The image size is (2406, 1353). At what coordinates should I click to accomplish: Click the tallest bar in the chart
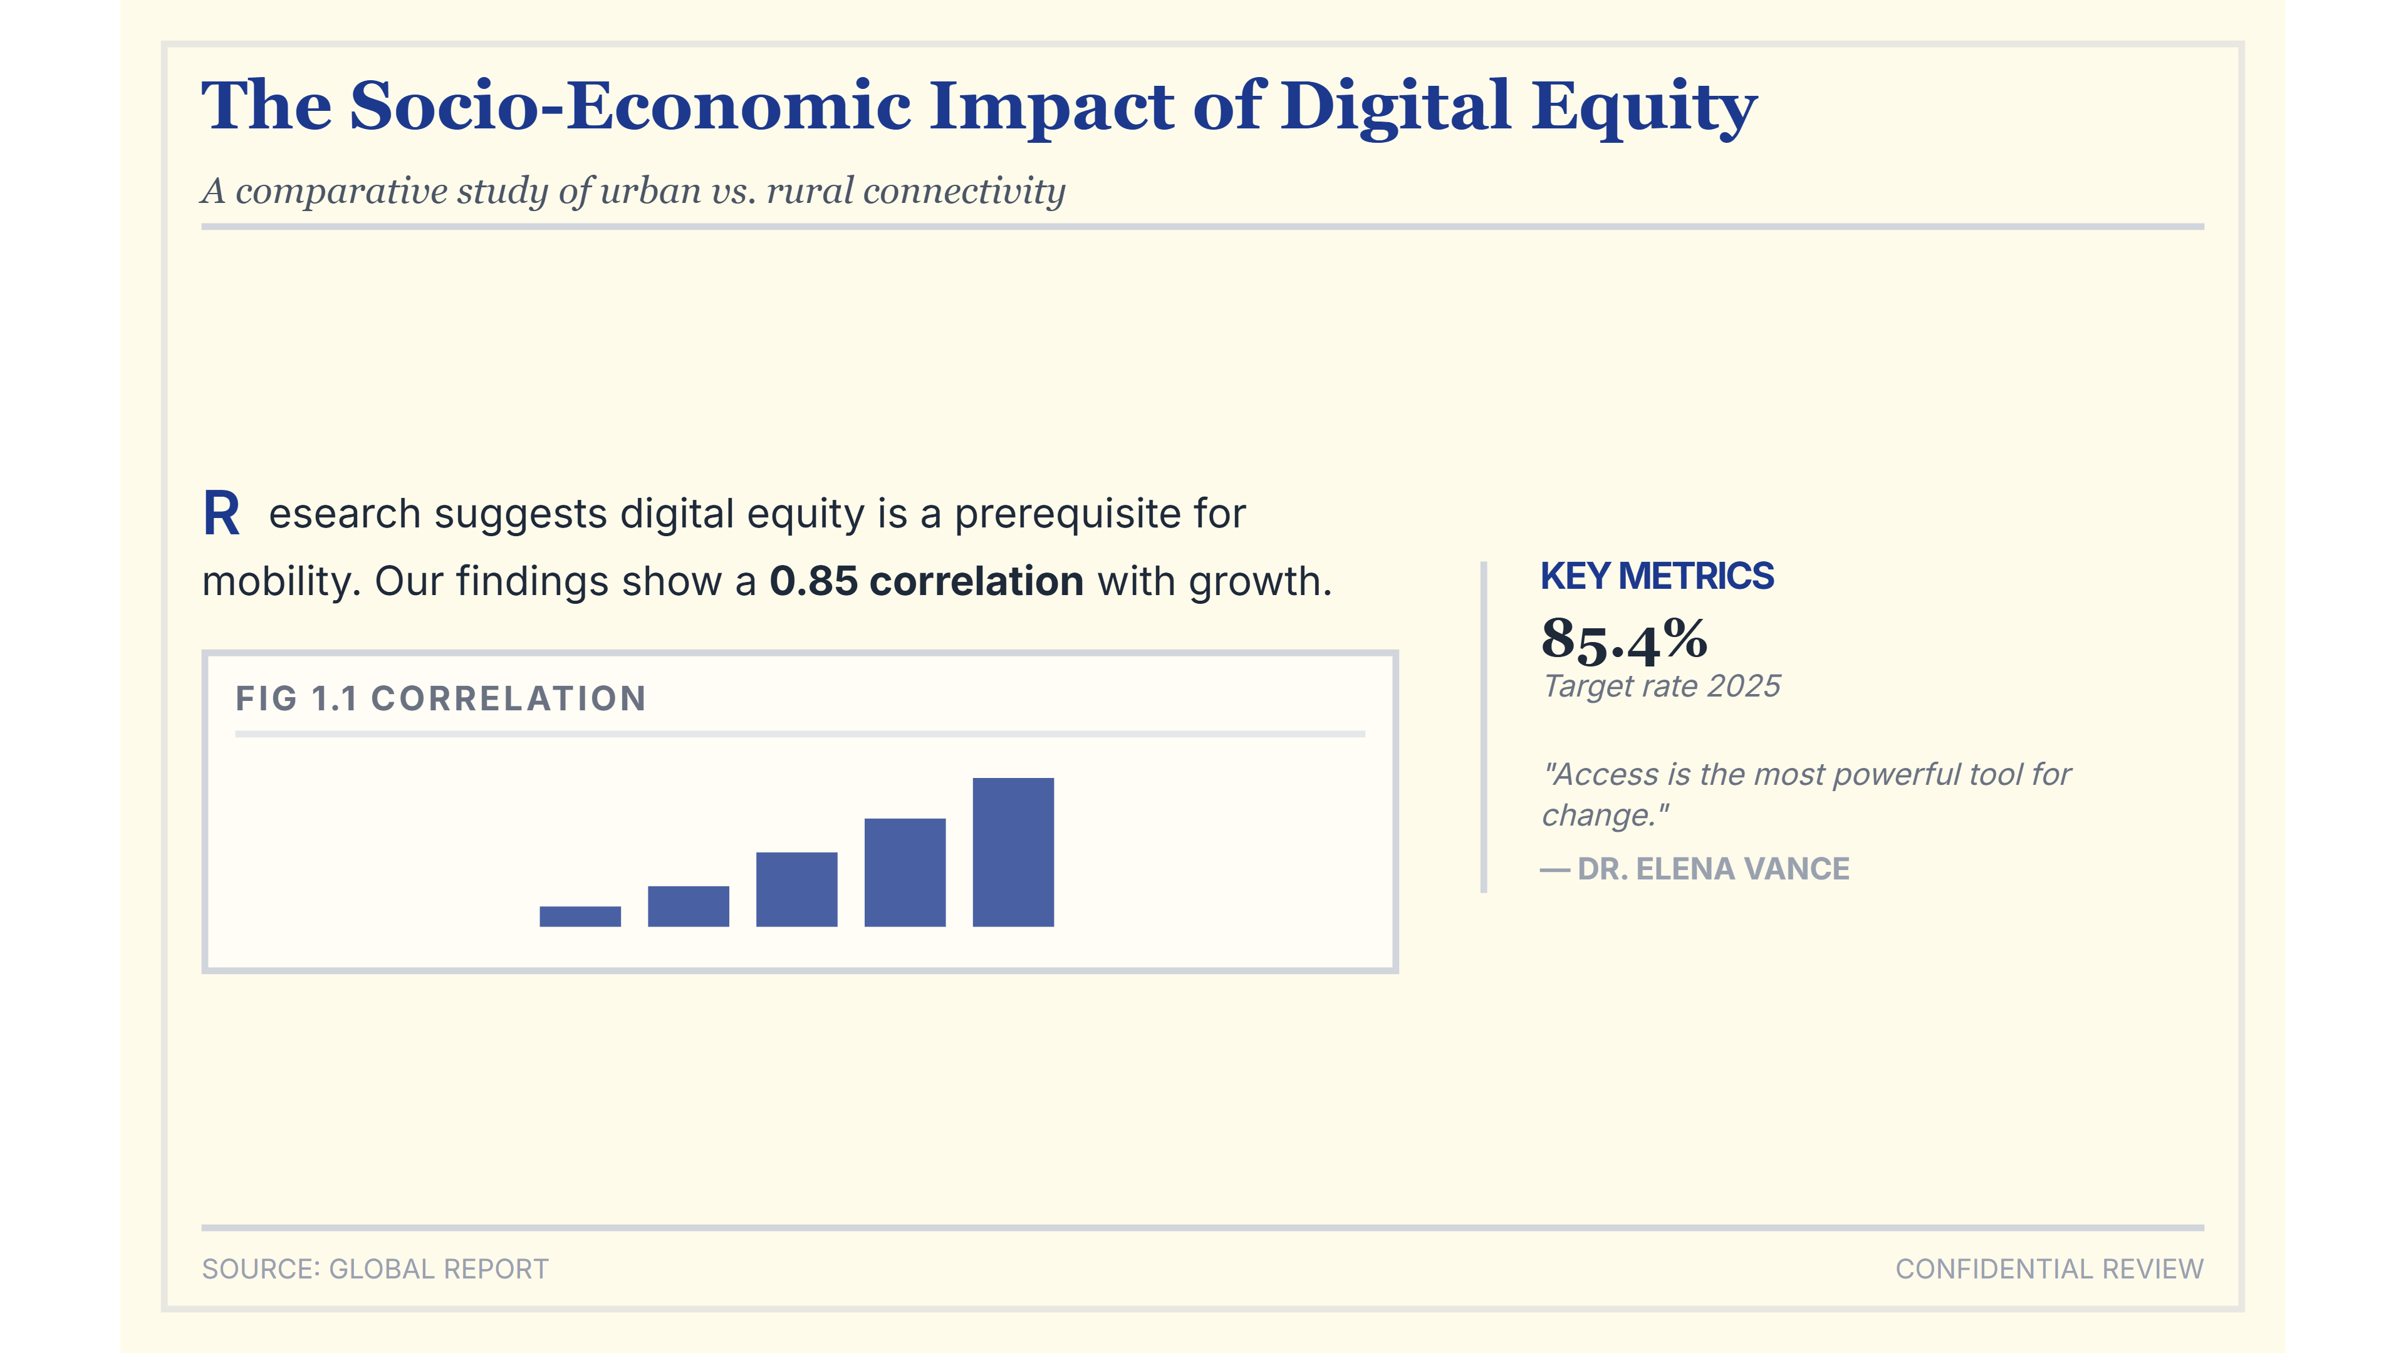point(1013,852)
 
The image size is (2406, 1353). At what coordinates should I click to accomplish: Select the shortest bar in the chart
point(580,916)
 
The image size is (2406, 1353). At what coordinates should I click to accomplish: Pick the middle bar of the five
point(797,889)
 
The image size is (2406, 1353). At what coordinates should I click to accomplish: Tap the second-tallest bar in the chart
point(905,872)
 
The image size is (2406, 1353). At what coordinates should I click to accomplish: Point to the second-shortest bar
point(689,906)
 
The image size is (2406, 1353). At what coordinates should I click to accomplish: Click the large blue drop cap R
point(221,514)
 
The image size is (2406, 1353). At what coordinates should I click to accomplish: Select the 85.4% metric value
point(1624,641)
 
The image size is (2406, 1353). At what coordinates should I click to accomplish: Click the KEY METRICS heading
point(1657,576)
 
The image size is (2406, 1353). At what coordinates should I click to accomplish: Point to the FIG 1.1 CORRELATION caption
point(441,698)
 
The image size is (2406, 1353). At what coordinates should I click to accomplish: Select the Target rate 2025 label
point(1662,687)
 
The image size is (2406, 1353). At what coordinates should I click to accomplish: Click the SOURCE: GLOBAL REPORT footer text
point(375,1269)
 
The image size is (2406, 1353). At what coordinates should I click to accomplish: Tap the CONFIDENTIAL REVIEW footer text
point(2049,1269)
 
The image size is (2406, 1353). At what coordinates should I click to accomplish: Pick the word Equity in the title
point(1645,107)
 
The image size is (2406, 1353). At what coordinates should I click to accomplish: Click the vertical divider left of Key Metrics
point(1483,727)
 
